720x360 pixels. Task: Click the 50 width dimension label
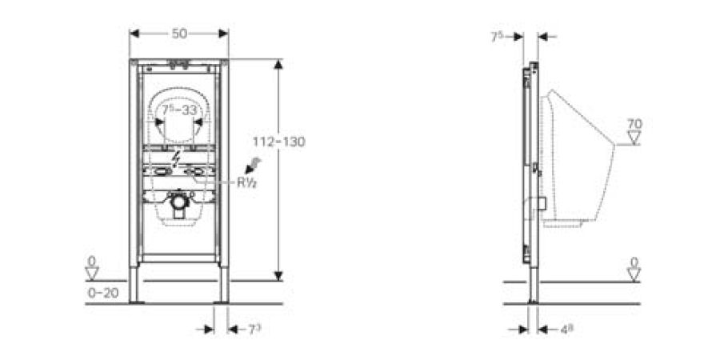click(x=179, y=33)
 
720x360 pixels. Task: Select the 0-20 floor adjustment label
click(x=102, y=293)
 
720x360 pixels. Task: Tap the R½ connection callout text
click(x=245, y=182)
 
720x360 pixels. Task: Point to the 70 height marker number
click(x=634, y=124)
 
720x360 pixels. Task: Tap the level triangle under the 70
click(x=634, y=138)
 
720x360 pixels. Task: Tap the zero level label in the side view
click(x=634, y=262)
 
